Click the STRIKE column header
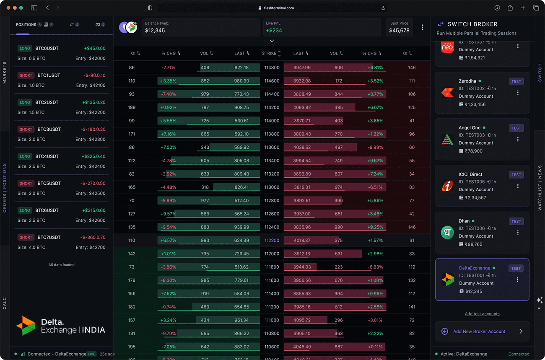coord(269,53)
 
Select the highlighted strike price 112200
coord(272,240)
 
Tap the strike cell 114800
coord(272,67)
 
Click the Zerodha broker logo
coord(447,93)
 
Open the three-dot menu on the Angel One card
coord(518,139)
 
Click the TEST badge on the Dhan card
coord(516,221)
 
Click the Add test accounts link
coord(482,314)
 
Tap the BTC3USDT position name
coord(49,129)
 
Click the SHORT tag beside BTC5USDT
coord(26,184)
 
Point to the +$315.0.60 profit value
coord(93,210)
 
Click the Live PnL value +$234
coord(274,31)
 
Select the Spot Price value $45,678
coord(399,31)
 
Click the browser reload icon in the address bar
coord(383,8)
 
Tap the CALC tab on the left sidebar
coord(4,303)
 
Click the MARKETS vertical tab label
coord(4,73)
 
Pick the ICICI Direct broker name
coord(470,174)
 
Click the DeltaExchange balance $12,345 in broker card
coord(473,291)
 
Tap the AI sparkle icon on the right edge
coord(540,300)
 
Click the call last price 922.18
coord(241,67)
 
